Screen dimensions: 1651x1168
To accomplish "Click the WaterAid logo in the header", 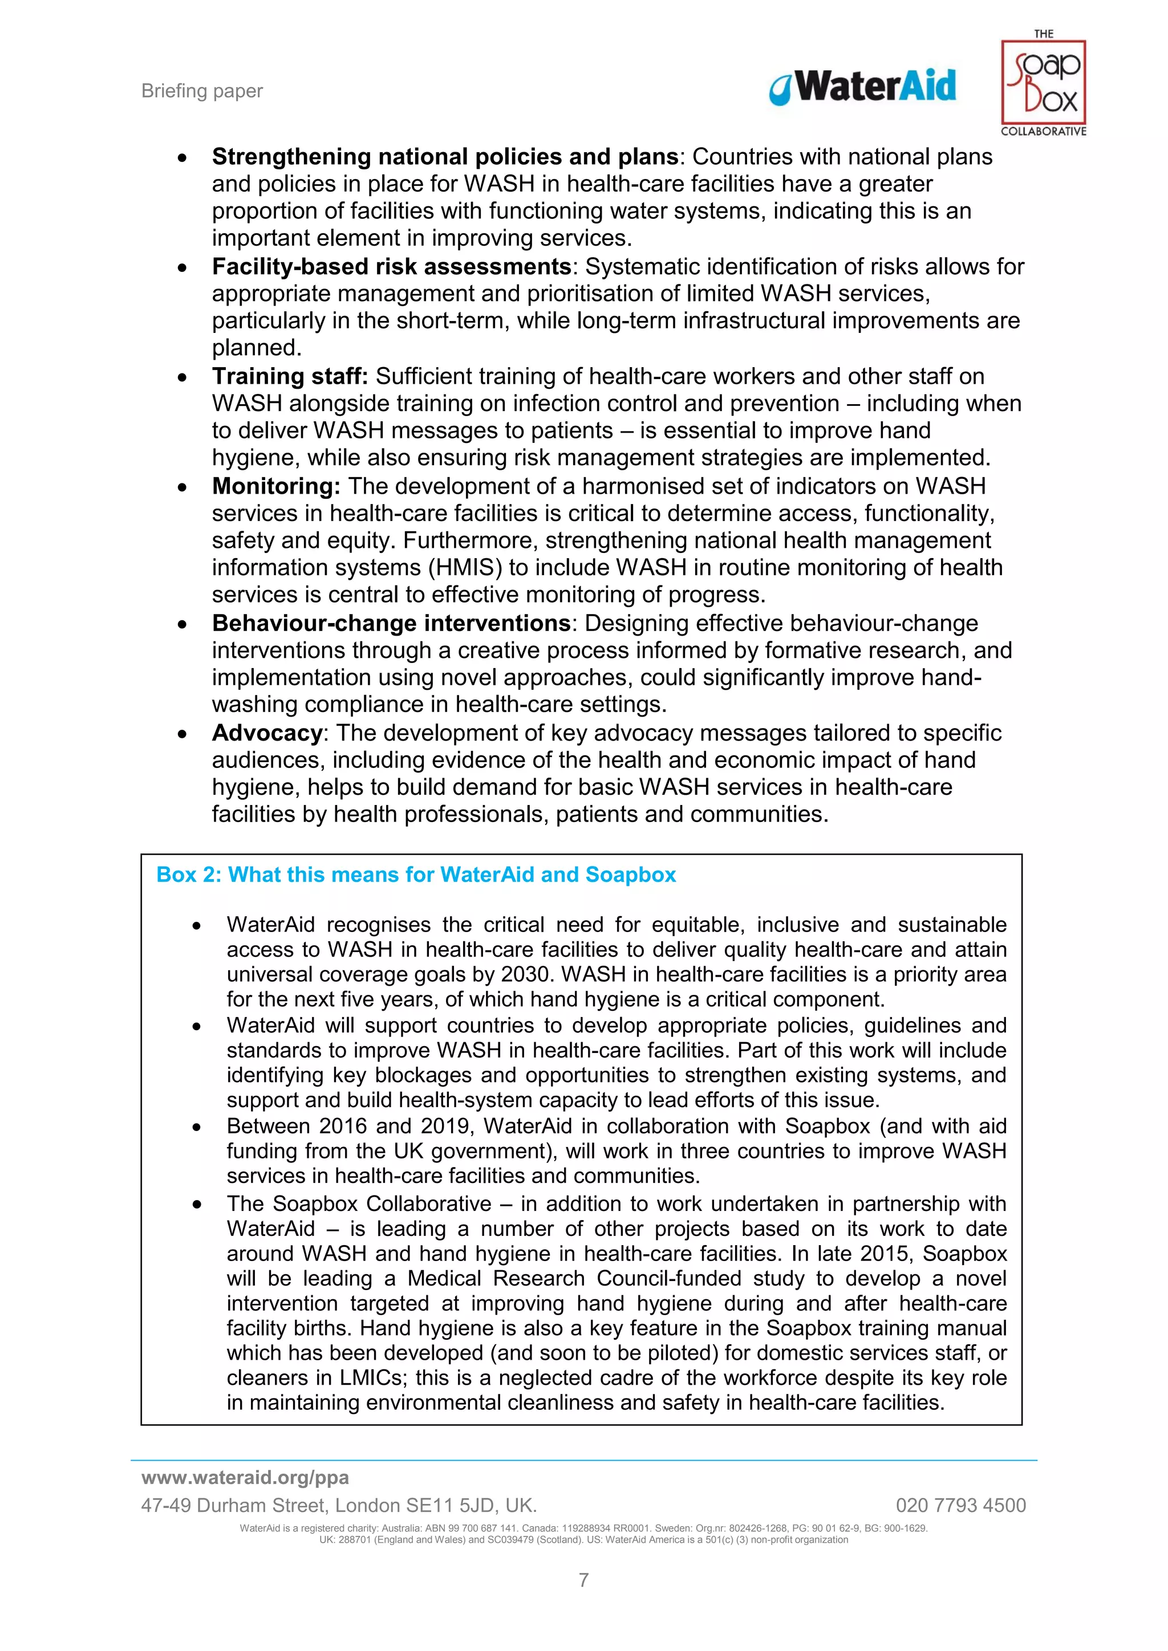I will [x=862, y=86].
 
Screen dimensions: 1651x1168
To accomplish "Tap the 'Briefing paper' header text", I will [x=202, y=91].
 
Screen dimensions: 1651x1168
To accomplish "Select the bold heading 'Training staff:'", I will [x=289, y=376].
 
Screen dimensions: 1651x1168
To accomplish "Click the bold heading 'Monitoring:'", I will [x=275, y=486].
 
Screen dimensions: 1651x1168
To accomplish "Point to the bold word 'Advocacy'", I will [x=267, y=733].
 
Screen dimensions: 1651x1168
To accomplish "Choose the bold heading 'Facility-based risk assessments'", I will [x=391, y=266].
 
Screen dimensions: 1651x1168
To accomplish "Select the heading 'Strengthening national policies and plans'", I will [x=444, y=156].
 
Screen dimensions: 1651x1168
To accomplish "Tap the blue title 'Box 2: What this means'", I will [x=416, y=875].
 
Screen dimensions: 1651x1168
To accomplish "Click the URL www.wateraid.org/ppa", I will [x=245, y=1478].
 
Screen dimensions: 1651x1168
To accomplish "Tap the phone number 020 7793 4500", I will [x=960, y=1505].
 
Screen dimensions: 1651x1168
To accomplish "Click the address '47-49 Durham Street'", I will [x=234, y=1505].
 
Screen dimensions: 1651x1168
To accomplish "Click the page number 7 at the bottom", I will [x=584, y=1580].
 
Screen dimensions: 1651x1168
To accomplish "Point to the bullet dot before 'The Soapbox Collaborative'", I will [x=196, y=1205].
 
